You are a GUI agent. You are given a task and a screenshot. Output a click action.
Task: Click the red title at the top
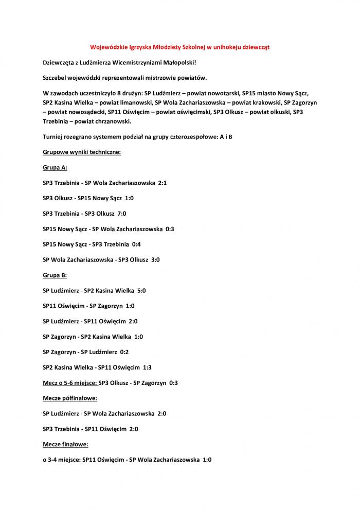[x=180, y=47]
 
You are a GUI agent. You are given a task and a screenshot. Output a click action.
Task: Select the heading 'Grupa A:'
[x=55, y=168]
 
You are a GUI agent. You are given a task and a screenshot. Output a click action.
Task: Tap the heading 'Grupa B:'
[x=55, y=275]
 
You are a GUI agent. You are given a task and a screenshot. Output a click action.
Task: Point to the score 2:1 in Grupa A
[x=163, y=183]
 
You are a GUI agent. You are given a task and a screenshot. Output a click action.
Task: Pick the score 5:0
[x=141, y=291]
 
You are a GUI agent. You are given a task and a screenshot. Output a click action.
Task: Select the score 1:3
[x=147, y=367]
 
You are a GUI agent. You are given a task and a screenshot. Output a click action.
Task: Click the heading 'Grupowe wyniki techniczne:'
[x=82, y=152]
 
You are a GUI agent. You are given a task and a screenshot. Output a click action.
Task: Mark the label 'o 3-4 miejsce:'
[x=62, y=460]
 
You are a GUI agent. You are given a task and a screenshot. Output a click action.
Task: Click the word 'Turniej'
[x=54, y=137]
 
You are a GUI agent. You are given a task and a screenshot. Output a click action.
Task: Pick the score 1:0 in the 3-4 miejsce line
[x=207, y=460]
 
